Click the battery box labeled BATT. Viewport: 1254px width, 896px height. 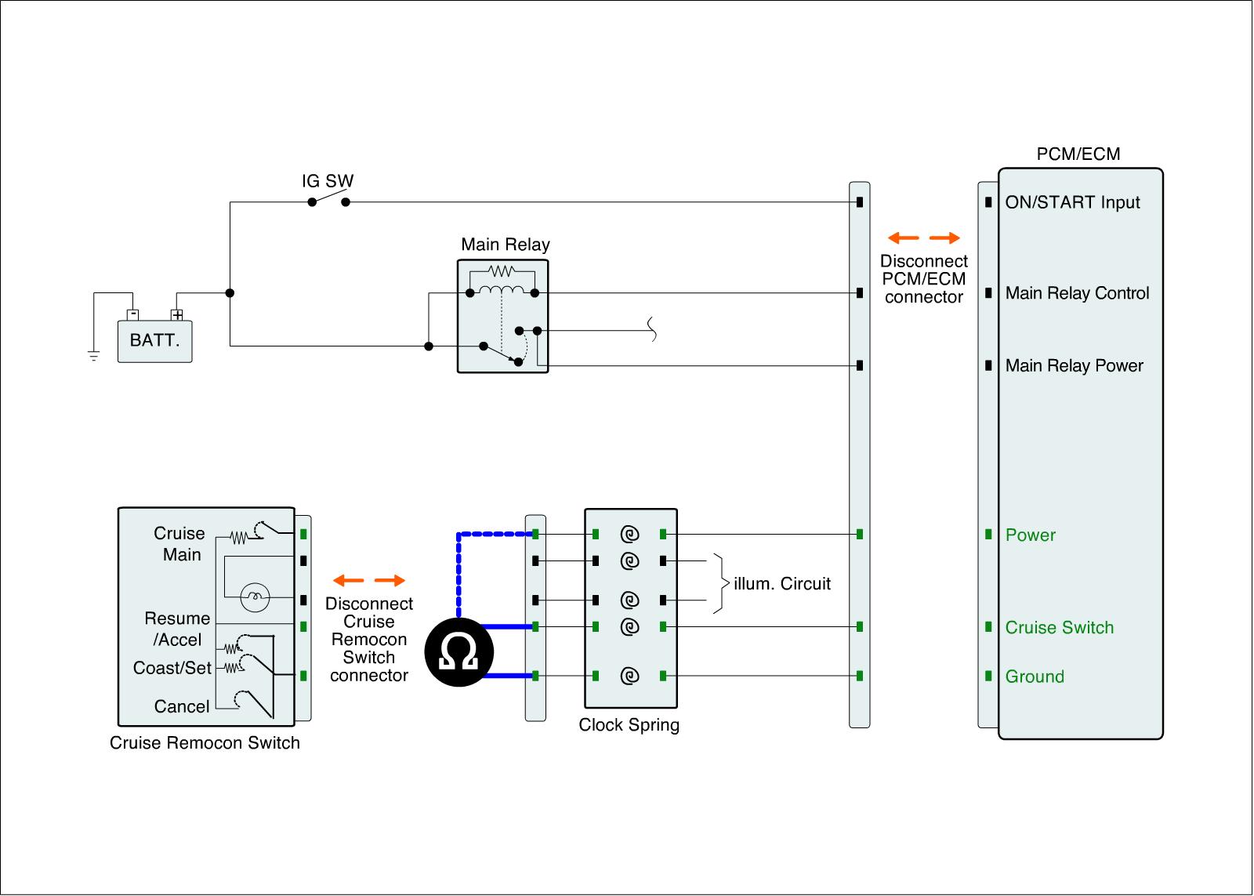pos(154,341)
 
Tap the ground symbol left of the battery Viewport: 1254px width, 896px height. pos(94,357)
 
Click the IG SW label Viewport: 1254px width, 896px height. pos(328,181)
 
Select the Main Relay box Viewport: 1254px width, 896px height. pos(502,316)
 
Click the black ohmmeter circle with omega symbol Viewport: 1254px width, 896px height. pos(459,651)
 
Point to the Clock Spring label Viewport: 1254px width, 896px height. pos(629,725)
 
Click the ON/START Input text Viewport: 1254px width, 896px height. pos(1072,202)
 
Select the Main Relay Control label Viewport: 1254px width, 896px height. pos(1077,293)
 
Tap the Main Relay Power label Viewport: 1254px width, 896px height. pos(1074,365)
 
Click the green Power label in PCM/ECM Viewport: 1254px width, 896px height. pos(1030,535)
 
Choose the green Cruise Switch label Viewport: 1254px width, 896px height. pos(1059,628)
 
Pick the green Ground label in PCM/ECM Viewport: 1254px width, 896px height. pos(1035,677)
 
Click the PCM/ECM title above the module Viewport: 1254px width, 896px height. pos(1078,154)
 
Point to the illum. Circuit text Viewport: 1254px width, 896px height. pos(782,583)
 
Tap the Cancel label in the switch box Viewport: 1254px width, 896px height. pos(182,706)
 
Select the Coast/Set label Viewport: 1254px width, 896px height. pos(172,668)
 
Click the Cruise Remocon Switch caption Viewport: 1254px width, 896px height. pos(205,743)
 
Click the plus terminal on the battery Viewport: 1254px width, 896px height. pos(178,315)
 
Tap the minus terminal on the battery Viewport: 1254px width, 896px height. pos(133,315)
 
